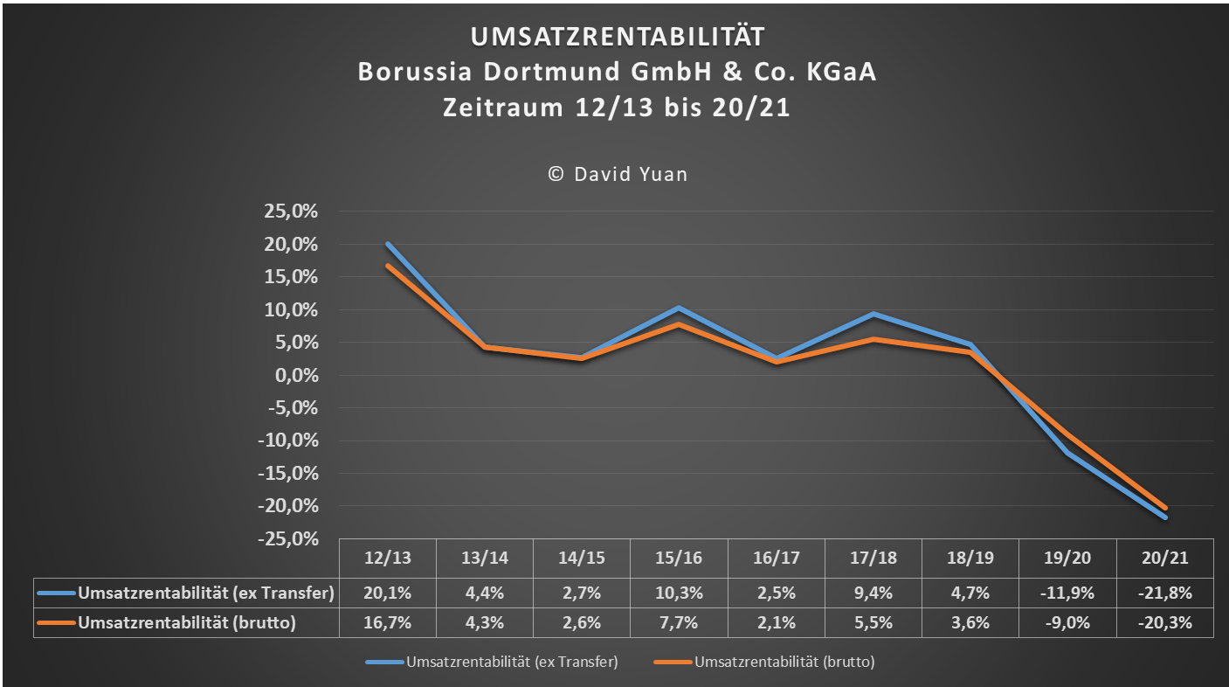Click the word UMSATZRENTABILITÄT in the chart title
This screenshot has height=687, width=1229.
[x=617, y=36]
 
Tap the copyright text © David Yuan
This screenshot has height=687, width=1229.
[x=617, y=174]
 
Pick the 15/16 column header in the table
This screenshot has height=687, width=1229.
[x=679, y=558]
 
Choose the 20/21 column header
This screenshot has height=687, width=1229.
[x=1164, y=558]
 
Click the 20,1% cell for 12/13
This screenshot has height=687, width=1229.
[x=388, y=593]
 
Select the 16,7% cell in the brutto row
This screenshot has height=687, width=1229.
[x=388, y=623]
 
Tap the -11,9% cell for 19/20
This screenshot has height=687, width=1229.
[x=1067, y=593]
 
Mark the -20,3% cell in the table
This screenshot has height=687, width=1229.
[x=1164, y=623]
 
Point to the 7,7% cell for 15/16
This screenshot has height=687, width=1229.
[x=679, y=623]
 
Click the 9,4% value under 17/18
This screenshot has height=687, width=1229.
[x=873, y=593]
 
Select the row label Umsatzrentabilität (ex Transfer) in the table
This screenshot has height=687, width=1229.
[x=206, y=593]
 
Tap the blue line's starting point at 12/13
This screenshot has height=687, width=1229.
[x=388, y=244]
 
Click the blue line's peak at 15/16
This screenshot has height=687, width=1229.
[x=679, y=308]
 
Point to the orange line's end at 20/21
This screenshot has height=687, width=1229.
[x=1164, y=508]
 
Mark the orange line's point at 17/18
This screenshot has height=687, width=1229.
[x=873, y=339]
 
